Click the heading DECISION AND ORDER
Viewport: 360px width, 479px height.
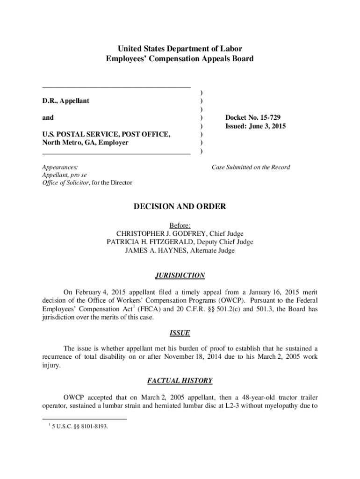point(180,206)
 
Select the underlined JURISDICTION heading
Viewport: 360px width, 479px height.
point(180,276)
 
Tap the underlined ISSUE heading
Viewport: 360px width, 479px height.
point(180,334)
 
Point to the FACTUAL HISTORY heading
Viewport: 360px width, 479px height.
point(180,381)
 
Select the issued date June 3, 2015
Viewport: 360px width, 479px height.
point(272,126)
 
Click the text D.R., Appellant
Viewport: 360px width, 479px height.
point(66,101)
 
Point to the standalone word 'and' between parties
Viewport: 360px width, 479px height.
point(48,117)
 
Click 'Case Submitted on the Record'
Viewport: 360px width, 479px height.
point(251,167)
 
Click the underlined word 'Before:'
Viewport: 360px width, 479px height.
point(180,225)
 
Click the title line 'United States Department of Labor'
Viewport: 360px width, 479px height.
point(180,49)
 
